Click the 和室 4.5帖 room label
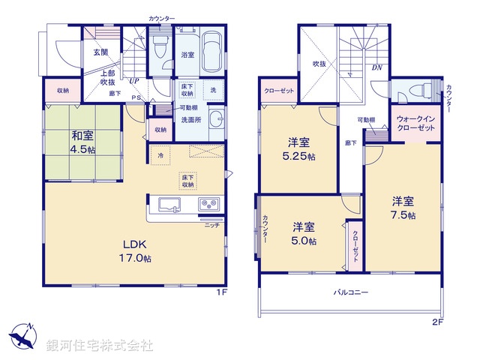pyautogui.click(x=82, y=142)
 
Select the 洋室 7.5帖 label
pyautogui.click(x=403, y=208)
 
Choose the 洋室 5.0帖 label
pyautogui.click(x=304, y=233)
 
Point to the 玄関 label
pyautogui.click(x=100, y=52)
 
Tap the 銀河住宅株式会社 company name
pyautogui.click(x=100, y=346)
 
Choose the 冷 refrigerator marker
pyautogui.click(x=160, y=155)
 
